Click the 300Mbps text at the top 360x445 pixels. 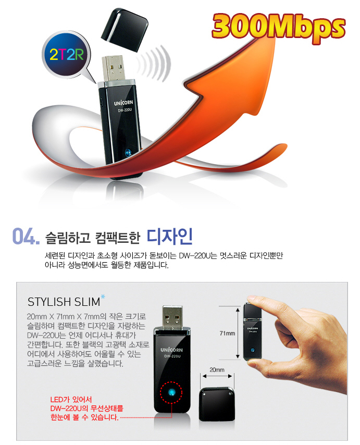coord(278,28)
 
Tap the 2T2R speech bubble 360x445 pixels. coord(67,55)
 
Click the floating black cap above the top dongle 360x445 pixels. coord(125,30)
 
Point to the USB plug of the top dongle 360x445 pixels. coord(114,68)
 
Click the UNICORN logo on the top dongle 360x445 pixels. coord(123,103)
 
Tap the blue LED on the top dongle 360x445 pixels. coord(128,152)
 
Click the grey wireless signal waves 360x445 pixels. coord(155,63)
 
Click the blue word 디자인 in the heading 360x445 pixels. coord(170,236)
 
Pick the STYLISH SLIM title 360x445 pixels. coord(64,302)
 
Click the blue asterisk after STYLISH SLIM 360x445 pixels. coord(103,297)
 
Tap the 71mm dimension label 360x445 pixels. coord(227,333)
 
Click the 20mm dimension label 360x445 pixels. coord(217,369)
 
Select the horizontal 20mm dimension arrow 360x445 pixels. coord(217,376)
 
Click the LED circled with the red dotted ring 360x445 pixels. coord(171,393)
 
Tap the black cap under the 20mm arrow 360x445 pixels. coord(217,404)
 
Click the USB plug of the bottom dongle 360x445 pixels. coord(172,317)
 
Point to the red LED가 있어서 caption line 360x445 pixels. coord(71,400)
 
